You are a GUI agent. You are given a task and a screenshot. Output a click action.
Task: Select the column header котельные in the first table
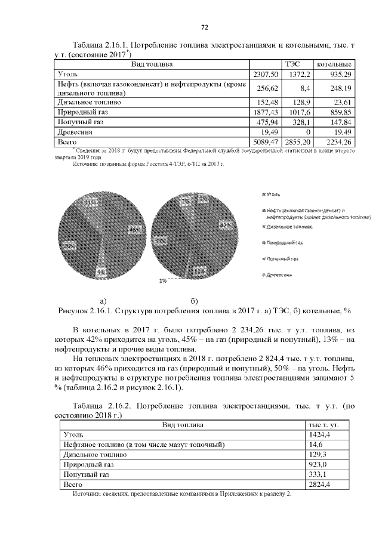point(334,64)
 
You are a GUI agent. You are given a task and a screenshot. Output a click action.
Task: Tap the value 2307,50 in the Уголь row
point(266,73)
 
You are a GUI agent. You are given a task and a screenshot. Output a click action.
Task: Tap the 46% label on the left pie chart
point(134,229)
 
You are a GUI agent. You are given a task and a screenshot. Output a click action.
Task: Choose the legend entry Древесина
point(278,275)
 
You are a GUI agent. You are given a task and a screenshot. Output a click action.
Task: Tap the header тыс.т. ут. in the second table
point(323,424)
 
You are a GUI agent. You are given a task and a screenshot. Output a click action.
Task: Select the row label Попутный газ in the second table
point(87,474)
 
